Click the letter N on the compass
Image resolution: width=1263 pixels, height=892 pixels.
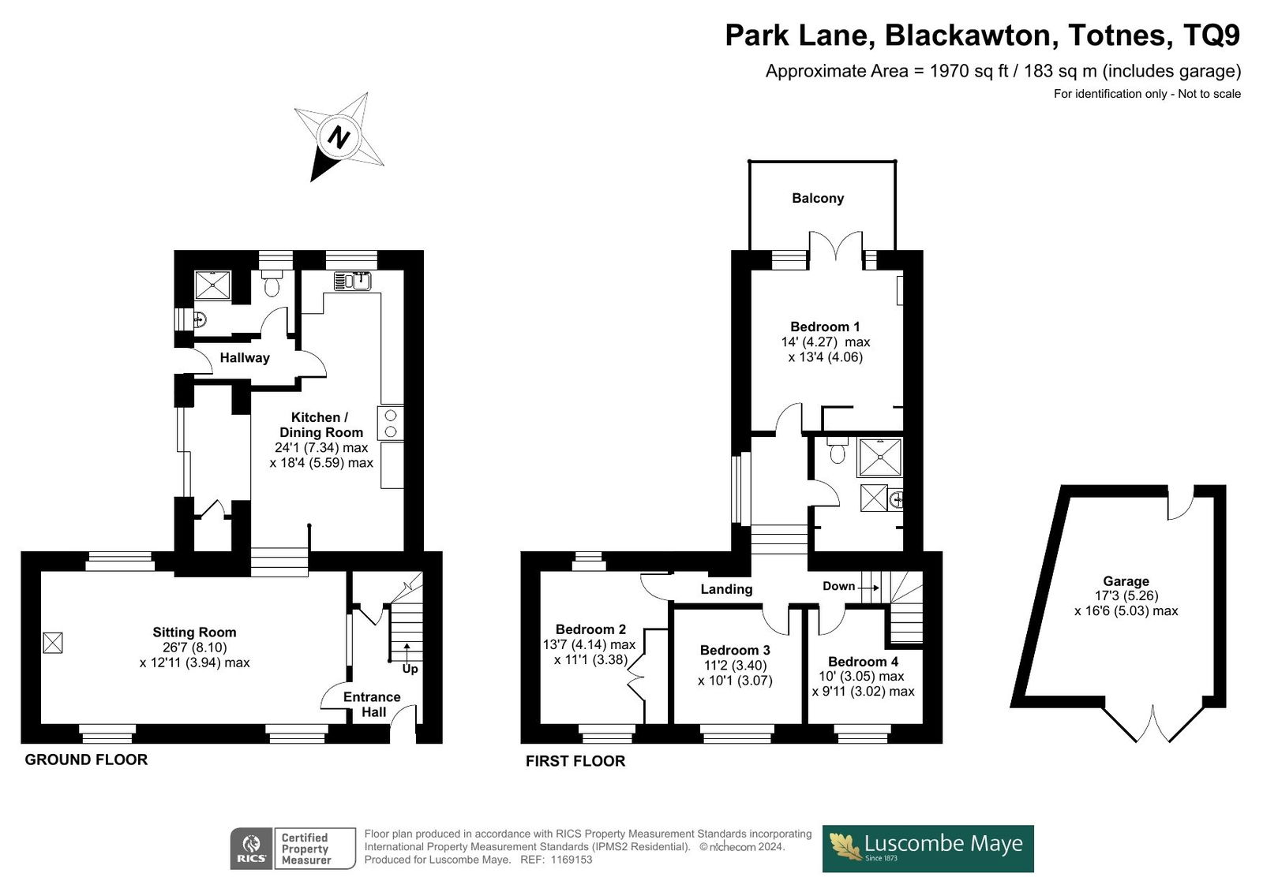pos(339,137)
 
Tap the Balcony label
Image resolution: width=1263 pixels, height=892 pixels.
pos(818,198)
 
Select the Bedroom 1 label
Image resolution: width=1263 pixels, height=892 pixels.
pos(825,327)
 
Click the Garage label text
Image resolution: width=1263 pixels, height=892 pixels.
pos(1126,581)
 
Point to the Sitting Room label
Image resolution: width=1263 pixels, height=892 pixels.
pos(194,633)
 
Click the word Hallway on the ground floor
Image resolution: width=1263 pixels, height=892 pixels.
pos(245,358)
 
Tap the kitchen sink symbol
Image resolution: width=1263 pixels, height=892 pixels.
pos(352,281)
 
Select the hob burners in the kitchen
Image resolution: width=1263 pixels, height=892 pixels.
pos(390,424)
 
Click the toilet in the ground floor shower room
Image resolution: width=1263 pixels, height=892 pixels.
pos(272,283)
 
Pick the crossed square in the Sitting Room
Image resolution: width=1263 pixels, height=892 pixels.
pos(53,643)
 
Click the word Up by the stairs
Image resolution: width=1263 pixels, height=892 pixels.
pos(410,669)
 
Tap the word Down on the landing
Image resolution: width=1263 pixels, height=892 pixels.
pos(838,586)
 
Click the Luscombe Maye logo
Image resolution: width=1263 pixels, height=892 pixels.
pos(928,849)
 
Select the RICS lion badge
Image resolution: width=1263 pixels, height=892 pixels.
pos(252,849)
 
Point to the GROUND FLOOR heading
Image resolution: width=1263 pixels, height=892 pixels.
pos(86,760)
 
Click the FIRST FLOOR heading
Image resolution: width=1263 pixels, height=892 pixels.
pos(575,761)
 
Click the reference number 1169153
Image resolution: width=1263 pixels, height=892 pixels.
pos(572,860)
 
